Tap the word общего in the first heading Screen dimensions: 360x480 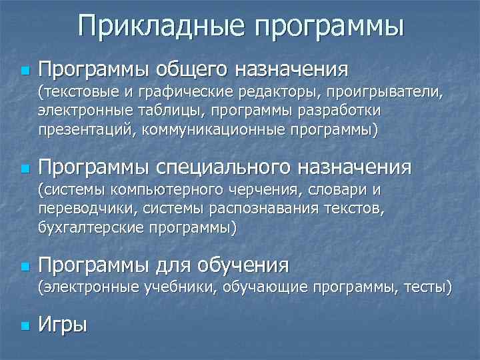click(x=192, y=69)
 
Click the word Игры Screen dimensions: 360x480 click(x=63, y=326)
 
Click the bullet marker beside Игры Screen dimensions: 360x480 click(x=25, y=327)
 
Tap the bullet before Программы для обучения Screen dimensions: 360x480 click(x=25, y=266)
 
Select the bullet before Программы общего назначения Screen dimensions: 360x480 click(x=25, y=70)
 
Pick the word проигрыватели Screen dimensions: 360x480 click(x=385, y=91)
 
